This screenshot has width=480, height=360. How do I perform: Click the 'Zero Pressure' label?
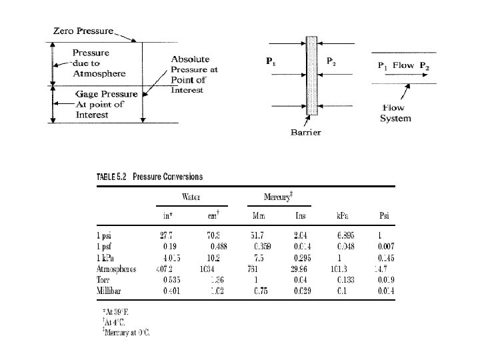click(x=83, y=31)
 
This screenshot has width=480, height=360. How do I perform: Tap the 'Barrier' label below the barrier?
click(x=306, y=132)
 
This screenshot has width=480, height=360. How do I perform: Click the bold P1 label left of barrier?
click(x=271, y=61)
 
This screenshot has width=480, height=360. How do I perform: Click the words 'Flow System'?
click(x=395, y=113)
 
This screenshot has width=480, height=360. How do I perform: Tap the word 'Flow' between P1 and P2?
click(x=403, y=65)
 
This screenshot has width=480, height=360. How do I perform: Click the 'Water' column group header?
click(x=193, y=197)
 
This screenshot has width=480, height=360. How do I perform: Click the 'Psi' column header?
click(x=383, y=215)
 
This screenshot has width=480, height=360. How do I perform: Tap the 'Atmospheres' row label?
click(x=117, y=269)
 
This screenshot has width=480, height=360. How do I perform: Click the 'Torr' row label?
click(x=105, y=280)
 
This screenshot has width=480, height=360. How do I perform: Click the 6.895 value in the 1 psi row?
click(x=345, y=235)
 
